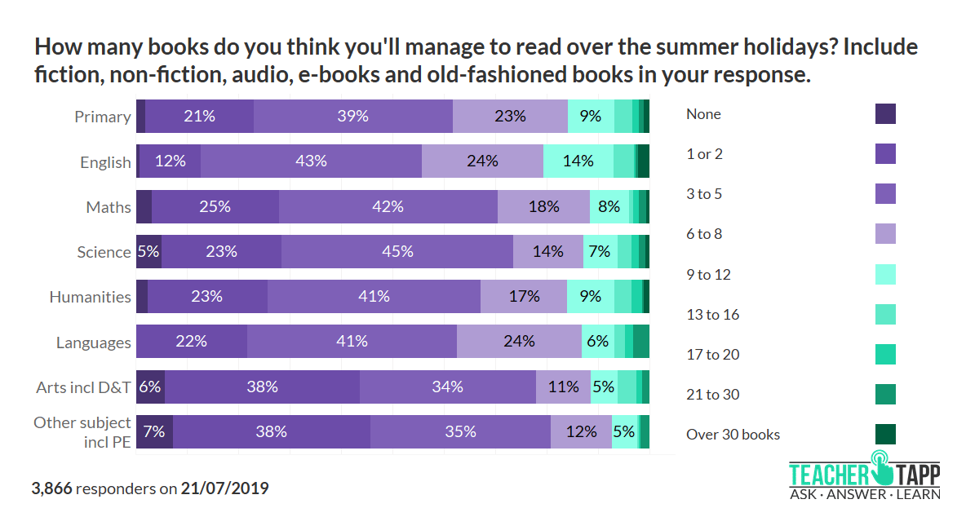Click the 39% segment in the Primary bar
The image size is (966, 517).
click(352, 117)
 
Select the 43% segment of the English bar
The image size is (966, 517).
click(311, 161)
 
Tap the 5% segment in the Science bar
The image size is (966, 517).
click(148, 252)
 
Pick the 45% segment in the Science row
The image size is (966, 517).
click(397, 252)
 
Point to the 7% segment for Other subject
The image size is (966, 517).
click(154, 431)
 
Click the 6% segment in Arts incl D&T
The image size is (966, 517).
click(150, 387)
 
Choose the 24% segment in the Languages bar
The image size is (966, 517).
click(519, 342)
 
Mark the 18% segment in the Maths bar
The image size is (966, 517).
click(543, 207)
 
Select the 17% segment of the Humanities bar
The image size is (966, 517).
click(523, 297)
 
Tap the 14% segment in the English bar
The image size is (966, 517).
click(578, 161)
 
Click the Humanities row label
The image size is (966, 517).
click(90, 297)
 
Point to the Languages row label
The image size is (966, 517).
click(93, 342)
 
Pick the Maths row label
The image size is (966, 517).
click(109, 207)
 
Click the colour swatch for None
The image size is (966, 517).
click(884, 114)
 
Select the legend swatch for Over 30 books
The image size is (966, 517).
click(884, 434)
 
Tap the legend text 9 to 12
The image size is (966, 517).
click(708, 275)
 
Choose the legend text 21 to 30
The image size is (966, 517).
click(712, 395)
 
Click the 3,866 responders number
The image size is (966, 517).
click(51, 489)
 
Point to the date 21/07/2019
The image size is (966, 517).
click(224, 489)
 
